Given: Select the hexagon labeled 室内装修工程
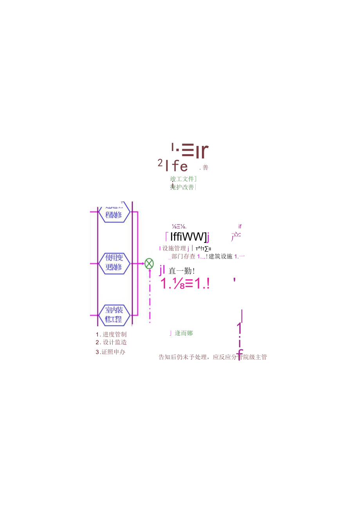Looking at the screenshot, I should click(114, 315).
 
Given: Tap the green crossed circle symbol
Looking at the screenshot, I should click(149, 263).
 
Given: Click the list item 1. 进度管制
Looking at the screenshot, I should click(111, 334).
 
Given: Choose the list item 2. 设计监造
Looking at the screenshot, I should click(111, 342).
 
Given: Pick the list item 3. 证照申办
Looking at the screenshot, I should click(111, 352).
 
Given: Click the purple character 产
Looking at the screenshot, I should click(236, 237).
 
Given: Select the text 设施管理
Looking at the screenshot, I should click(174, 248).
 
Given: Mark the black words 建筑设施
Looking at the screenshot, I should click(221, 256).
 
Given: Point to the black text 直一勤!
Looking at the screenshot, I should click(182, 271).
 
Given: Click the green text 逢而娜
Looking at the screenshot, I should click(184, 333).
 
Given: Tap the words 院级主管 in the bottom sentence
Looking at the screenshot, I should click(255, 357).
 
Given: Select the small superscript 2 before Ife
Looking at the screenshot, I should click(160, 163).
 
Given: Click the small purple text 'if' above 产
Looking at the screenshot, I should click(240, 226).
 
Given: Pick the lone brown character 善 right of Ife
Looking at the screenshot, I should click(205, 168).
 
